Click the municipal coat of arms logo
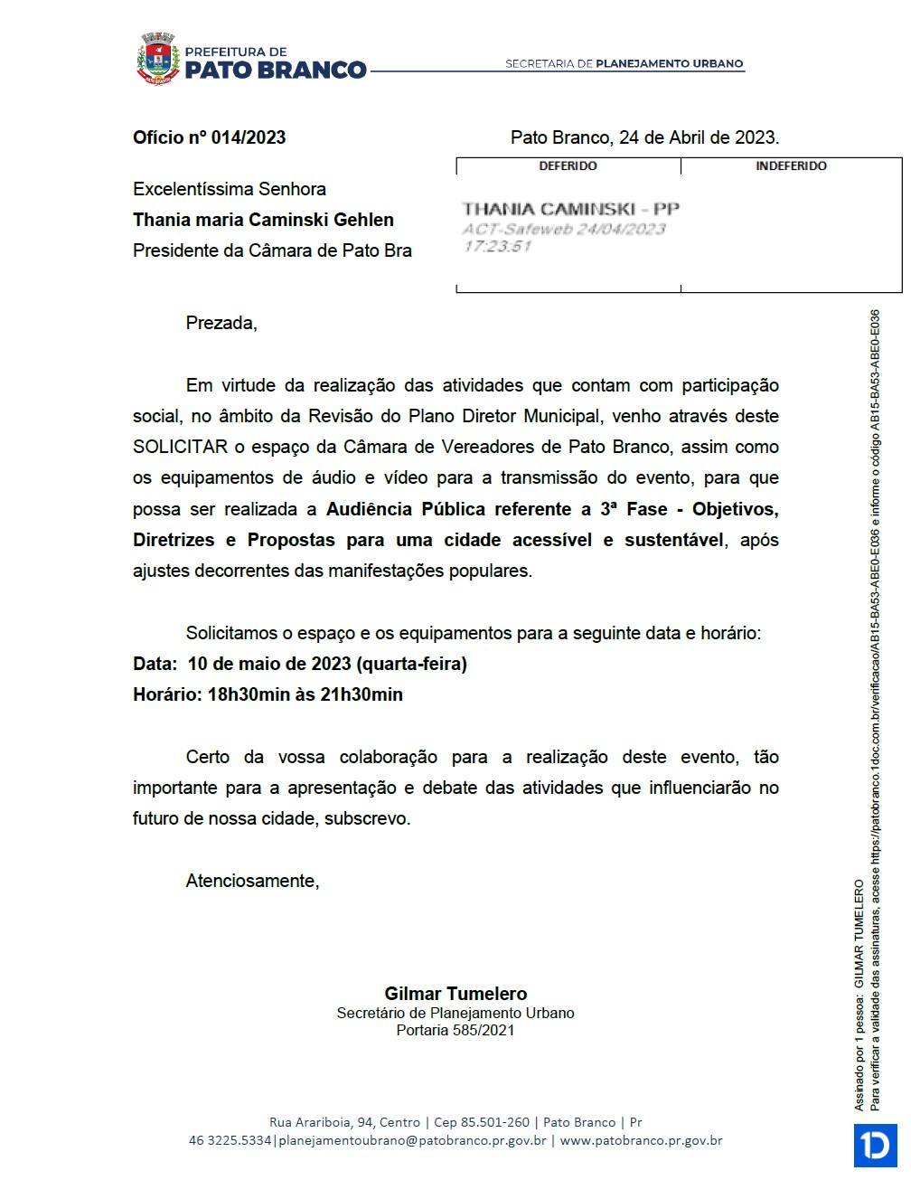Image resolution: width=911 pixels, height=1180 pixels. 158,59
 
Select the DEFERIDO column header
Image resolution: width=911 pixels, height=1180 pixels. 568,166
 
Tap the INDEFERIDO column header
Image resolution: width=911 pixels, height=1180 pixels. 791,166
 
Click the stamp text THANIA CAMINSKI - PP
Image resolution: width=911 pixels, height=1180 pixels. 570,209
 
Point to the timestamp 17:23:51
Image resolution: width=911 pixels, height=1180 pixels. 497,246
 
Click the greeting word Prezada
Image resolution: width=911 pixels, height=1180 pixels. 221,323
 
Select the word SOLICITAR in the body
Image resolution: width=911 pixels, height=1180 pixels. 180,447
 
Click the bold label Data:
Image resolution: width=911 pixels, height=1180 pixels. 155,664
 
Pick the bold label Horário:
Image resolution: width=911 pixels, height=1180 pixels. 167,694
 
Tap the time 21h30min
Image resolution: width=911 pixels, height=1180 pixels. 362,694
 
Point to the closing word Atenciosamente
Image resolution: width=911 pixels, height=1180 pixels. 251,881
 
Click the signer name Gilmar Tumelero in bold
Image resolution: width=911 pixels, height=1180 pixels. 455,993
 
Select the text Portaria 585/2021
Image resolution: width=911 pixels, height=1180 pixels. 455,1030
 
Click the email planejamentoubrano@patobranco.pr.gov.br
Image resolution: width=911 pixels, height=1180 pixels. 412,1140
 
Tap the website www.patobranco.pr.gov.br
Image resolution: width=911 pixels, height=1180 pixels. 641,1140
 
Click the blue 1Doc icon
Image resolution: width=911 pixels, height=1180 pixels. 875,1145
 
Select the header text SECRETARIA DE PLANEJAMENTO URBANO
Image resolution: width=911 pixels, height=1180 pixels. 624,64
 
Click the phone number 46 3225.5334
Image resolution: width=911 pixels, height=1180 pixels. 230,1140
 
